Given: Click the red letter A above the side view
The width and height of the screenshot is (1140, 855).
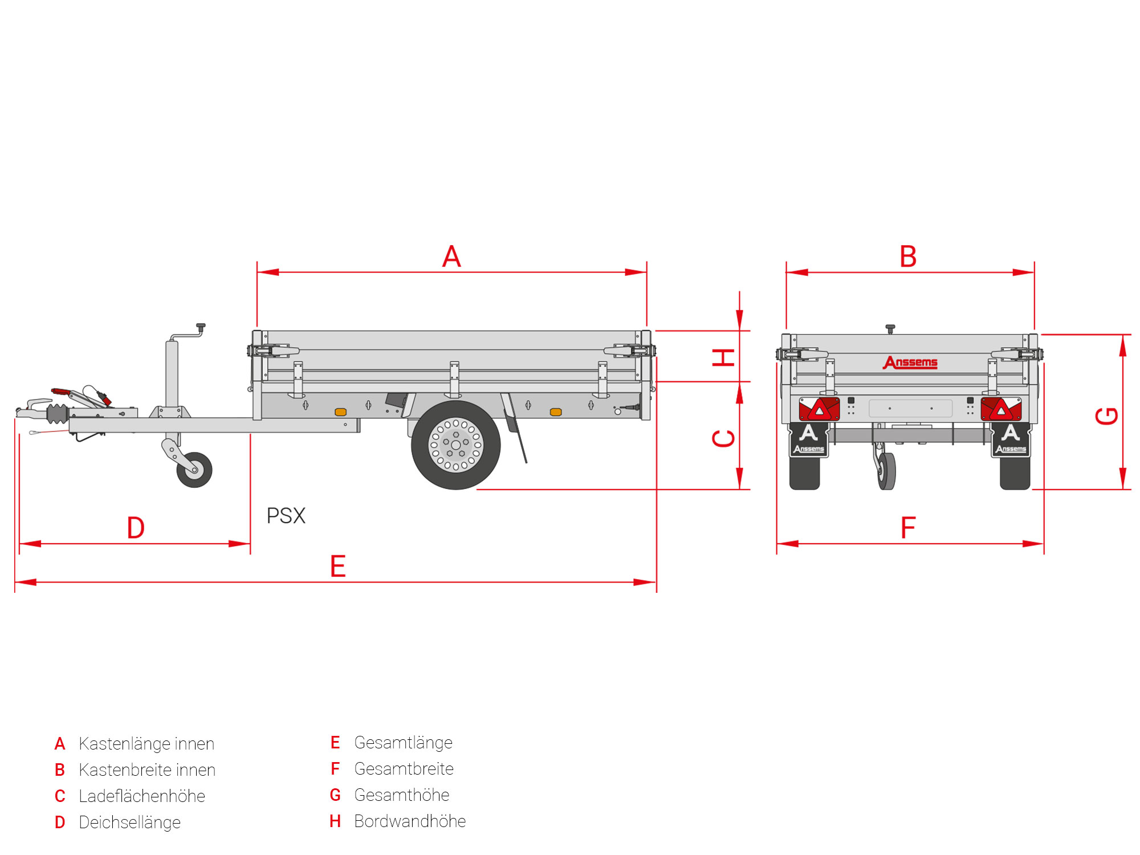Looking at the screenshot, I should (x=451, y=256).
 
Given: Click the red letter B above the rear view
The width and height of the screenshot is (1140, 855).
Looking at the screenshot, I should (x=908, y=256).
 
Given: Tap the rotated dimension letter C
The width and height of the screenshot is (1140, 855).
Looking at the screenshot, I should (x=724, y=438).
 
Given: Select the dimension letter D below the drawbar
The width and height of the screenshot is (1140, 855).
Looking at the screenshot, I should (x=136, y=528).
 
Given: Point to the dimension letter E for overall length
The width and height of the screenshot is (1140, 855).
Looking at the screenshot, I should (x=338, y=567).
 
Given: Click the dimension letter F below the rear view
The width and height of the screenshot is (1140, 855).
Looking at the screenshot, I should (x=908, y=528).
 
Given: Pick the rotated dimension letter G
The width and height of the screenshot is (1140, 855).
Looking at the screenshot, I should (x=1107, y=416).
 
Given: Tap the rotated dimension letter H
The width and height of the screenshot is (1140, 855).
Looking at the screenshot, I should (x=724, y=357).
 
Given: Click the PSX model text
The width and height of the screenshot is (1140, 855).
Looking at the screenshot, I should (x=286, y=516).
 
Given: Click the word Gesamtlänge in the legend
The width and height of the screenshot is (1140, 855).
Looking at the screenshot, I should (x=403, y=743).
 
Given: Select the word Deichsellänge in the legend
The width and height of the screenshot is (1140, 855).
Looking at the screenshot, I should (x=129, y=823).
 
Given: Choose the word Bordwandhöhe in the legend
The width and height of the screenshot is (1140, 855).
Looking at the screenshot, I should (x=410, y=821).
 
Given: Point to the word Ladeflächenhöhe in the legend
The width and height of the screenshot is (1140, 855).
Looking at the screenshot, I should (x=142, y=796).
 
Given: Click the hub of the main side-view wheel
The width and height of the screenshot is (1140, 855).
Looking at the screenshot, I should (x=456, y=445).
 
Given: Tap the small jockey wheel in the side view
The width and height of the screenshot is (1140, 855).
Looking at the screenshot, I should (x=194, y=470).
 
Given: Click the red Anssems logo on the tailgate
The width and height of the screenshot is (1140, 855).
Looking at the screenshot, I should (x=910, y=363).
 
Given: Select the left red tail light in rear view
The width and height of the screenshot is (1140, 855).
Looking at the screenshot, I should (x=819, y=409).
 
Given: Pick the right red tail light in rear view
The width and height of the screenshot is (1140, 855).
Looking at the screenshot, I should (x=1001, y=409).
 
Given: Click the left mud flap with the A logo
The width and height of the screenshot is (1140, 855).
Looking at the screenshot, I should (x=808, y=439).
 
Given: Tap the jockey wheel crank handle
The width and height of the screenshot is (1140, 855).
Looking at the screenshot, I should (x=200, y=327).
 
